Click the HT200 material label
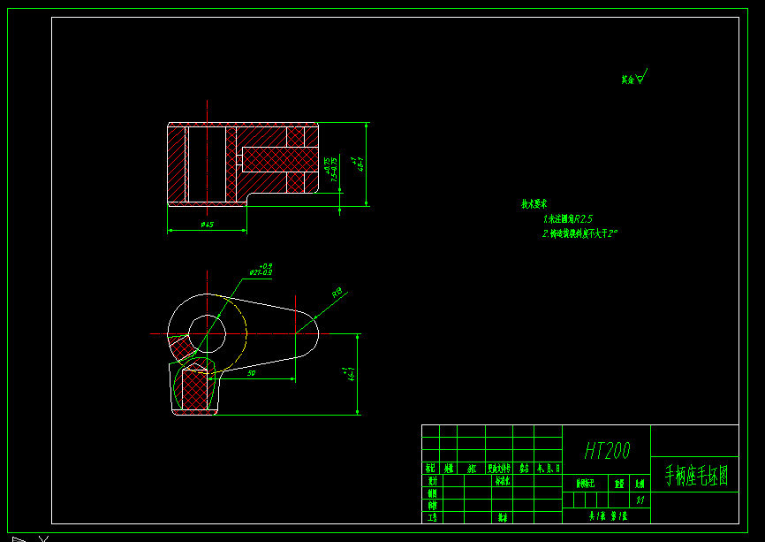click(x=607, y=452)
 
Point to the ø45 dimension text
click(x=208, y=225)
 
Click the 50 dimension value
click(x=252, y=375)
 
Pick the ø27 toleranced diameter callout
click(x=261, y=270)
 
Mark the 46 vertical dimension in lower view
click(x=351, y=373)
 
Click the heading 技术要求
click(x=534, y=204)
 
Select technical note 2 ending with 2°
click(x=579, y=234)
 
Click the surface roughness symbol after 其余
click(x=641, y=77)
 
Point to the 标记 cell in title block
click(x=431, y=469)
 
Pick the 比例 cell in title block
click(x=640, y=484)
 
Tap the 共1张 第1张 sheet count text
click(x=607, y=515)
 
